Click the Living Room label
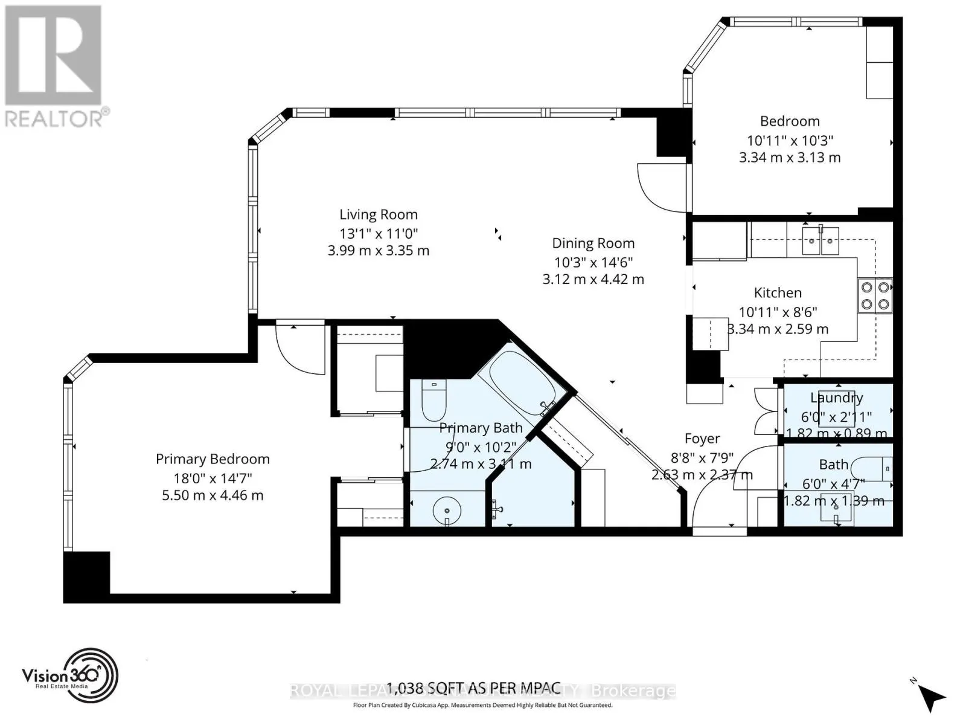379,214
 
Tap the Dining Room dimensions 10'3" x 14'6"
593,262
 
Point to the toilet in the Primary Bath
432,402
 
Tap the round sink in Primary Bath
447,511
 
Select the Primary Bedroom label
213,459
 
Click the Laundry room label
836,398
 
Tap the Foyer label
702,439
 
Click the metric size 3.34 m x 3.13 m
790,158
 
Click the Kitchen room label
778,293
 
